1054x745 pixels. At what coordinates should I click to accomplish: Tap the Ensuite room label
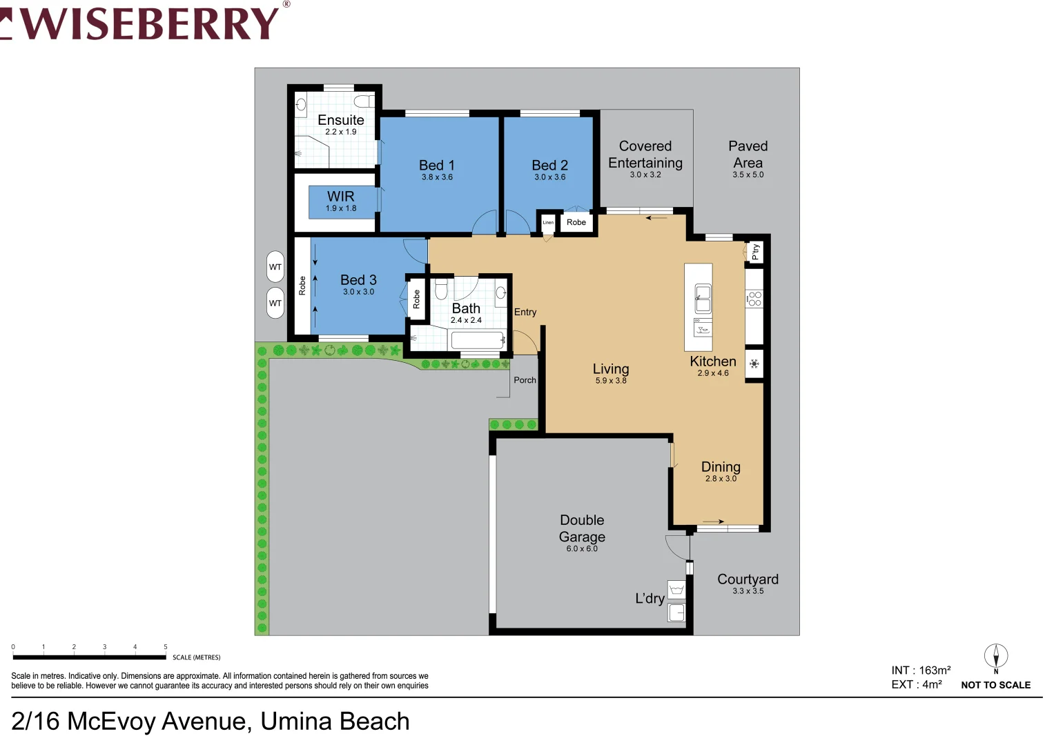coord(340,120)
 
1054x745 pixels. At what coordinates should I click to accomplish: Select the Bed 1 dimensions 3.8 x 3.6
coord(437,177)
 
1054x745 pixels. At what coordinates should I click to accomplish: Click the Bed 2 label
coord(549,166)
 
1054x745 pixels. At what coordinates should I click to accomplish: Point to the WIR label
coord(340,197)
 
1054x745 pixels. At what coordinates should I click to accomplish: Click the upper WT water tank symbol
coord(275,267)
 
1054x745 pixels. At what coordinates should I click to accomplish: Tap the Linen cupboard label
coord(548,222)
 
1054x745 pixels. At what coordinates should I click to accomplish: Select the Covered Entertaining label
coord(645,155)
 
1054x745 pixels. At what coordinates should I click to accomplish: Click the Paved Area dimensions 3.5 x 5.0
coord(748,175)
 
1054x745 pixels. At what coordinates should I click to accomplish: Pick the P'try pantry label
coord(755,252)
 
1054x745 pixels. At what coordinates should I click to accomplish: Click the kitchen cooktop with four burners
coord(754,299)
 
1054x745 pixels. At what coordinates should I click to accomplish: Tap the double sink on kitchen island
coord(703,299)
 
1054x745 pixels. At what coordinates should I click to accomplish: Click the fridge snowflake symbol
coord(754,364)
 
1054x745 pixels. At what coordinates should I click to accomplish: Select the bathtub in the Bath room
coord(478,340)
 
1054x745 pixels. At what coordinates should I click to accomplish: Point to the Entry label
coord(525,312)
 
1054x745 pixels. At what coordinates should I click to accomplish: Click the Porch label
coord(525,380)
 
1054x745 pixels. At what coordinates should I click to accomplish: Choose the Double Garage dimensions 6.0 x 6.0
coord(582,549)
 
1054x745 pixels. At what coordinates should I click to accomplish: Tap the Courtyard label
coord(748,579)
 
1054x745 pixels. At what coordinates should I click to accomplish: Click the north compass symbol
coord(995,656)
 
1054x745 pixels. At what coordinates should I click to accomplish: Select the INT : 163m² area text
coord(921,670)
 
